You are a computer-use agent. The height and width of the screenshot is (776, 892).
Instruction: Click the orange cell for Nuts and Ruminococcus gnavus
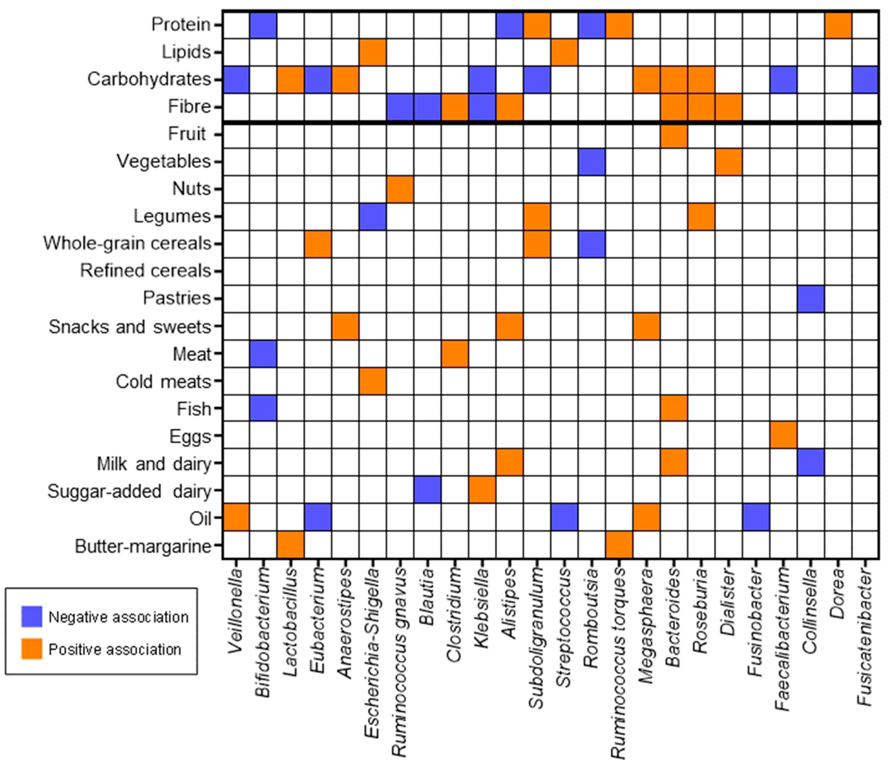click(x=400, y=189)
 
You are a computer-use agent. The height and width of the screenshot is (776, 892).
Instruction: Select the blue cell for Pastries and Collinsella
click(x=811, y=299)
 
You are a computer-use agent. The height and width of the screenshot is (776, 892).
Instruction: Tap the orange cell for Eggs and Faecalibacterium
click(x=783, y=435)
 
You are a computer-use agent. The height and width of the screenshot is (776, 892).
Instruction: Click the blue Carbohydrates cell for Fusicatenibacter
click(x=865, y=80)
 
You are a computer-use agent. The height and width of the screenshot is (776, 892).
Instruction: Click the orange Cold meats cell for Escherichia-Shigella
click(x=373, y=381)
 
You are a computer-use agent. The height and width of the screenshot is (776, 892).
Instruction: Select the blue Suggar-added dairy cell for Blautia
click(x=427, y=490)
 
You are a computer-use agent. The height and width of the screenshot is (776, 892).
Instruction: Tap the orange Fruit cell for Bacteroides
click(x=674, y=135)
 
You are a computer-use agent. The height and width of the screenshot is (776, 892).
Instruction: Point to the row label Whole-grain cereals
click(x=127, y=244)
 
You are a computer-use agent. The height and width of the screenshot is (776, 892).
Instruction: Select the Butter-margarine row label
click(x=143, y=547)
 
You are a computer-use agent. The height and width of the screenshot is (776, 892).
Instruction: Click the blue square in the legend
click(x=32, y=617)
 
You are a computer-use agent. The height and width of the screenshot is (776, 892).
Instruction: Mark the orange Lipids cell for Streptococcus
click(x=564, y=52)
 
